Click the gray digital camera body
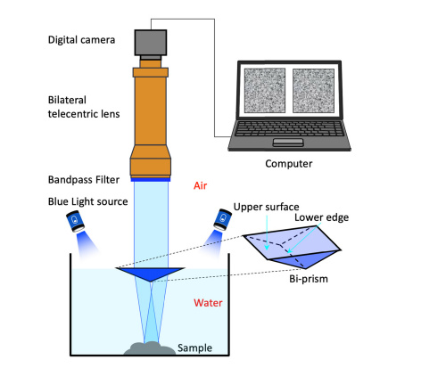click(151, 43)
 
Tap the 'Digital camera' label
click(81, 40)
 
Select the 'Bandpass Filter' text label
click(84, 180)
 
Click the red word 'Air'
click(200, 185)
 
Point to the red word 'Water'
click(208, 303)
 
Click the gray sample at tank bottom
click(150, 348)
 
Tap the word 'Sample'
click(194, 348)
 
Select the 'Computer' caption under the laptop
click(289, 164)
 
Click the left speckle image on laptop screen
click(265, 91)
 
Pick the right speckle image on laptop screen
click(313, 91)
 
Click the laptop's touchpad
click(288, 143)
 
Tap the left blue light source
click(75, 221)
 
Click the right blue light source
click(223, 219)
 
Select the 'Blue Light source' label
click(88, 201)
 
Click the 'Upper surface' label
click(266, 207)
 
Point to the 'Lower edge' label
click(321, 217)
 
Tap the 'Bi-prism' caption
click(309, 279)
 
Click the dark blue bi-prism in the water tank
click(150, 274)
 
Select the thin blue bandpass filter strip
click(151, 179)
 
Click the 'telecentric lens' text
click(84, 114)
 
